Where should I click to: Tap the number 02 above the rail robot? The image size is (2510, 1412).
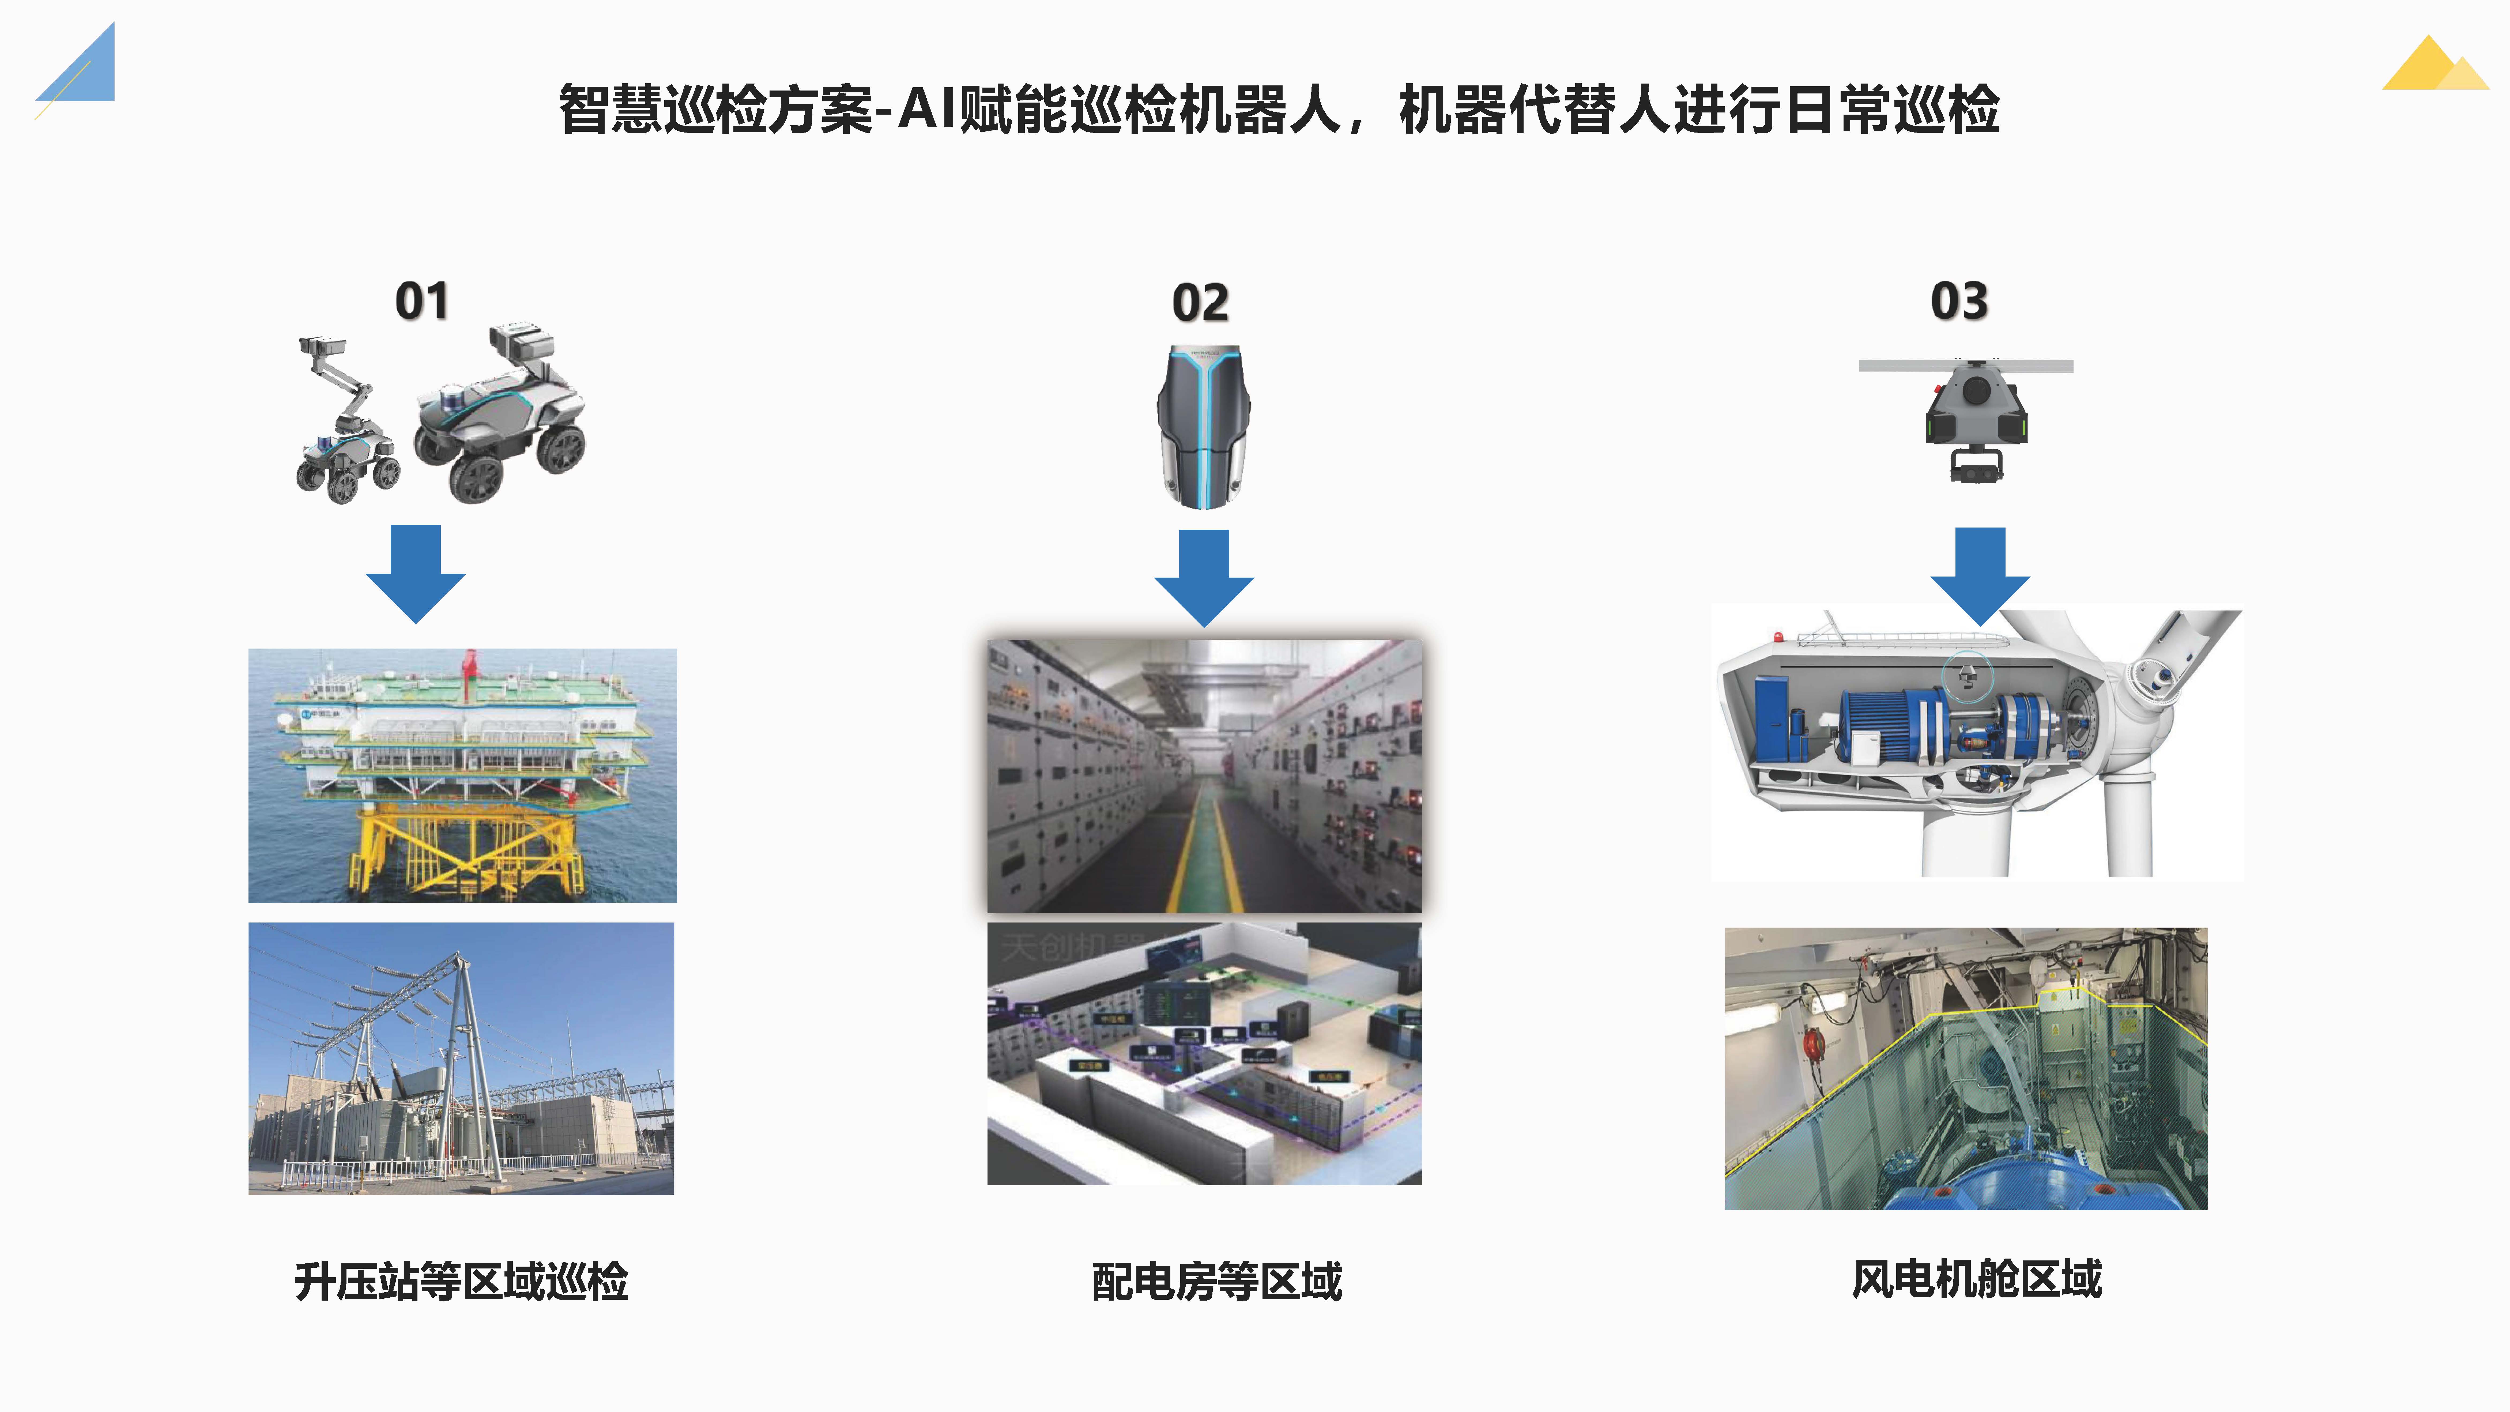(x=1200, y=303)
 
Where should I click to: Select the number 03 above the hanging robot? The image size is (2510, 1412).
(x=1958, y=301)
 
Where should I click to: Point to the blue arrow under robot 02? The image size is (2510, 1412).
(x=1204, y=577)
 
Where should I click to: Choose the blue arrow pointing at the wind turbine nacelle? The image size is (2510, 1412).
(x=1980, y=575)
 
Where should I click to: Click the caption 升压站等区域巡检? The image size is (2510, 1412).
(x=461, y=1281)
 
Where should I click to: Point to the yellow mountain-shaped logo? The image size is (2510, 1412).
(x=2434, y=66)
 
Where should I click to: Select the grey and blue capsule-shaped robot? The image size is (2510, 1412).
(x=1204, y=426)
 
